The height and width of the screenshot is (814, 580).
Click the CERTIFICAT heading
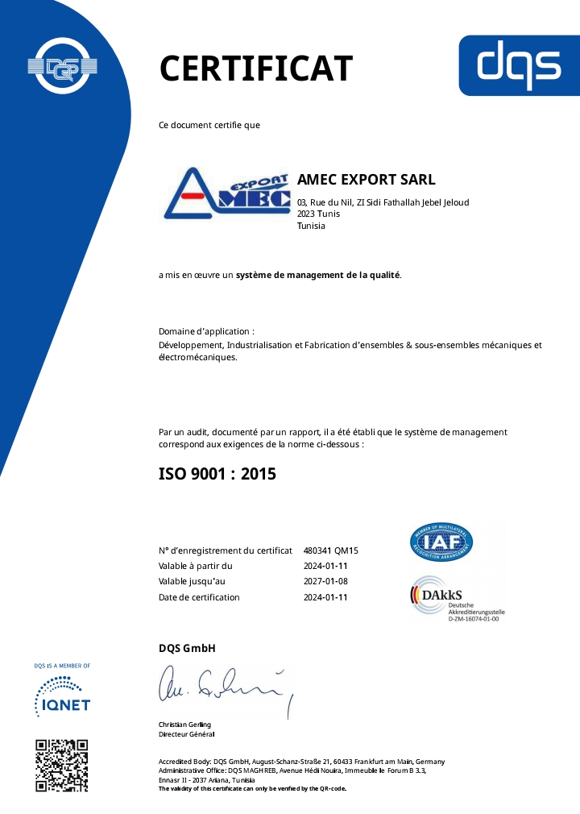pos(256,69)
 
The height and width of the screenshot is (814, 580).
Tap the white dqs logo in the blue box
pos(518,65)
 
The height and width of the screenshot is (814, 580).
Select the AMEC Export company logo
pos(226,193)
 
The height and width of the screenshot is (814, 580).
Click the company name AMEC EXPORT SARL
pos(367,180)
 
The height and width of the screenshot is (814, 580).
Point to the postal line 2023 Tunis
pos(318,214)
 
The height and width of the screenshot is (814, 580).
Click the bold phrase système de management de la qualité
pos(317,276)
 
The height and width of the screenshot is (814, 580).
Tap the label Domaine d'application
pos(206,331)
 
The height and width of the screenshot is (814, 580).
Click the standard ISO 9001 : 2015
pos(217,474)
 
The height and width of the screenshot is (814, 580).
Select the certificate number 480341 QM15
pos(330,550)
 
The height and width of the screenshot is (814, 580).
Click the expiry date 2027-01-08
pos(325,582)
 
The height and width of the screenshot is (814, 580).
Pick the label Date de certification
pos(199,597)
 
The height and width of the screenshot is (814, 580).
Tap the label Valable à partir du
pos(196,566)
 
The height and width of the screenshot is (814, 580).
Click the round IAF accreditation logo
pos(441,542)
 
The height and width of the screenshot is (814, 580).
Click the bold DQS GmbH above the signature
pos(187,649)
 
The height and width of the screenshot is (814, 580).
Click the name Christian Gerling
pos(184,725)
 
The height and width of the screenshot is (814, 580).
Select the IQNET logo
pos(63,696)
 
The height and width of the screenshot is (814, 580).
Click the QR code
pos(62,765)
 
